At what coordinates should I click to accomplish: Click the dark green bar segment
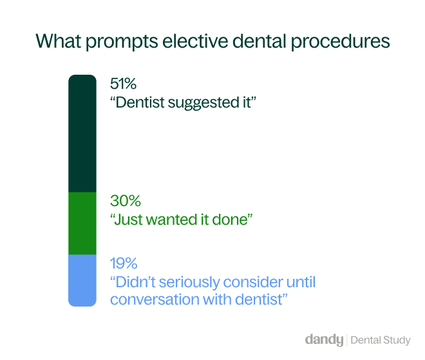[x=82, y=133]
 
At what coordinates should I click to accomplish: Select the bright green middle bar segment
[x=82, y=223]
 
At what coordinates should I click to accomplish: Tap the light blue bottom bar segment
[x=82, y=280]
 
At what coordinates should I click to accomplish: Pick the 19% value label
[x=124, y=263]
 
